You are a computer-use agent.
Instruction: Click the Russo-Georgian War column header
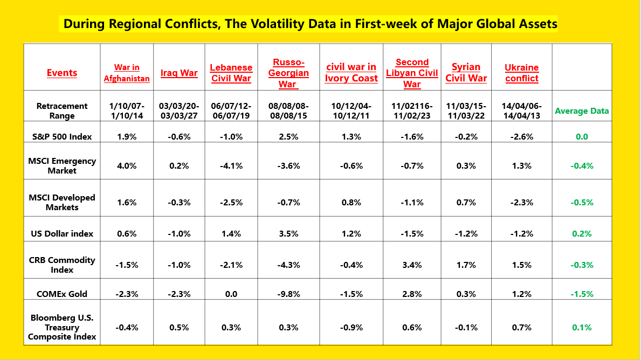click(x=288, y=73)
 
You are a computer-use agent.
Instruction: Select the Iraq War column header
click(x=179, y=73)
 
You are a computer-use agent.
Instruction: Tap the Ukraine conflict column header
click(x=521, y=73)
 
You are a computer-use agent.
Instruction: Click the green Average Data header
click(x=582, y=111)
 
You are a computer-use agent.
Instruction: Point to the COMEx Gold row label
click(x=61, y=294)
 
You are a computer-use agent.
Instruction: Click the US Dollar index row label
click(x=61, y=233)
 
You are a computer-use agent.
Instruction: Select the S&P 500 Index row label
click(x=61, y=136)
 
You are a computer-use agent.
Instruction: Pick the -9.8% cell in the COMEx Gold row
click(x=288, y=294)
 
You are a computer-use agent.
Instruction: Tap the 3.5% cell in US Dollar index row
click(x=288, y=233)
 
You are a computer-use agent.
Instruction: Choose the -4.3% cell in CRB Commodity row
click(x=288, y=265)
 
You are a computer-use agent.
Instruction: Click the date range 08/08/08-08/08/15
click(x=288, y=110)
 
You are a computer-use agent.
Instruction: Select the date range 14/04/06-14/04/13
click(x=521, y=110)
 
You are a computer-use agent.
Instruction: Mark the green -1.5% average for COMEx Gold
click(x=582, y=294)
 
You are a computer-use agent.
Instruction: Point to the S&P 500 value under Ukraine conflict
click(x=521, y=136)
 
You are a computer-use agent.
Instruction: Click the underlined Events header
click(x=61, y=73)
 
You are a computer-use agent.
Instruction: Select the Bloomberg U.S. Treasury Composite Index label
click(x=61, y=327)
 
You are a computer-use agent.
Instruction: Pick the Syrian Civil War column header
click(x=466, y=73)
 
